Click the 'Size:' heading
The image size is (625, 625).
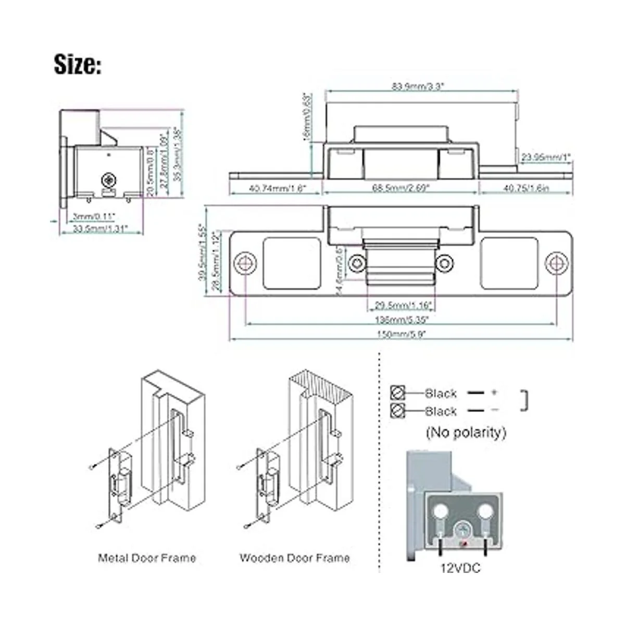click(x=78, y=65)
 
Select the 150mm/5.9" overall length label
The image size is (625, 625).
click(x=402, y=334)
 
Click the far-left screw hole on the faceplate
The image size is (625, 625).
click(x=245, y=263)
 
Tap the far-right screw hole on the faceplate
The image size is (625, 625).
click(x=556, y=263)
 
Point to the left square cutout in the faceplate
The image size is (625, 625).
click(x=292, y=263)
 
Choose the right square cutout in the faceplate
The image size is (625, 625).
click(x=509, y=263)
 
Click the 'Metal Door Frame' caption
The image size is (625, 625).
click(x=147, y=558)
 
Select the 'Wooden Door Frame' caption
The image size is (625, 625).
click(x=294, y=558)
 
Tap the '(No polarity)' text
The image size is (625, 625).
click(x=466, y=432)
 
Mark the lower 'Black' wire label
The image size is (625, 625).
click(x=441, y=411)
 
